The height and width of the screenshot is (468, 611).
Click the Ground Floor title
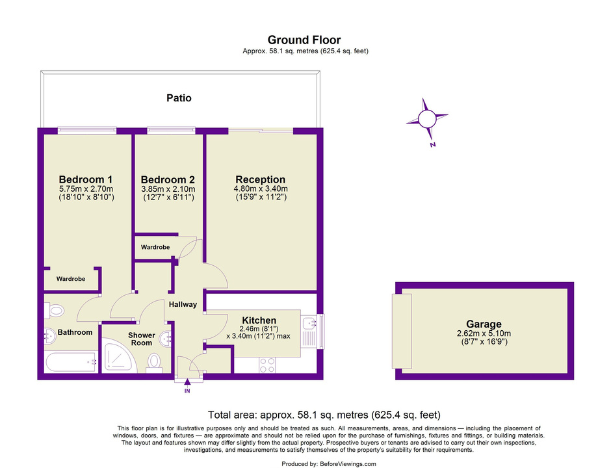click(304, 40)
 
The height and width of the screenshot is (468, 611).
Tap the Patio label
click(179, 97)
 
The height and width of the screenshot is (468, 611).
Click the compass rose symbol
click(427, 118)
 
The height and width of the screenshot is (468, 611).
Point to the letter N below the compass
click(432, 144)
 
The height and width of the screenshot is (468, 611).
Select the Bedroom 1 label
click(86, 179)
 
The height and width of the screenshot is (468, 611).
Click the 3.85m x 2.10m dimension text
click(168, 189)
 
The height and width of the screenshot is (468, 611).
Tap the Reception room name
click(260, 179)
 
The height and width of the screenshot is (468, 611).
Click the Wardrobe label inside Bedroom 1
click(71, 279)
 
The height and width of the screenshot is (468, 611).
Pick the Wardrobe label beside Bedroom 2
click(155, 247)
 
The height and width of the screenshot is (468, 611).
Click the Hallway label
click(183, 304)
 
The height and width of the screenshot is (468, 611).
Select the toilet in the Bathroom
click(54, 311)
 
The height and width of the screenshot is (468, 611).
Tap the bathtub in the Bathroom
click(71, 362)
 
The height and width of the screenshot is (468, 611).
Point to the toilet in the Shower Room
click(154, 363)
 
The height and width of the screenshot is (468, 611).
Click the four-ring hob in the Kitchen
click(267, 365)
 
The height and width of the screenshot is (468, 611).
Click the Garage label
click(484, 324)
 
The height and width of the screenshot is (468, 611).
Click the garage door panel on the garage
click(402, 331)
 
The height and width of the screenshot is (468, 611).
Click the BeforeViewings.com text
click(348, 463)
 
